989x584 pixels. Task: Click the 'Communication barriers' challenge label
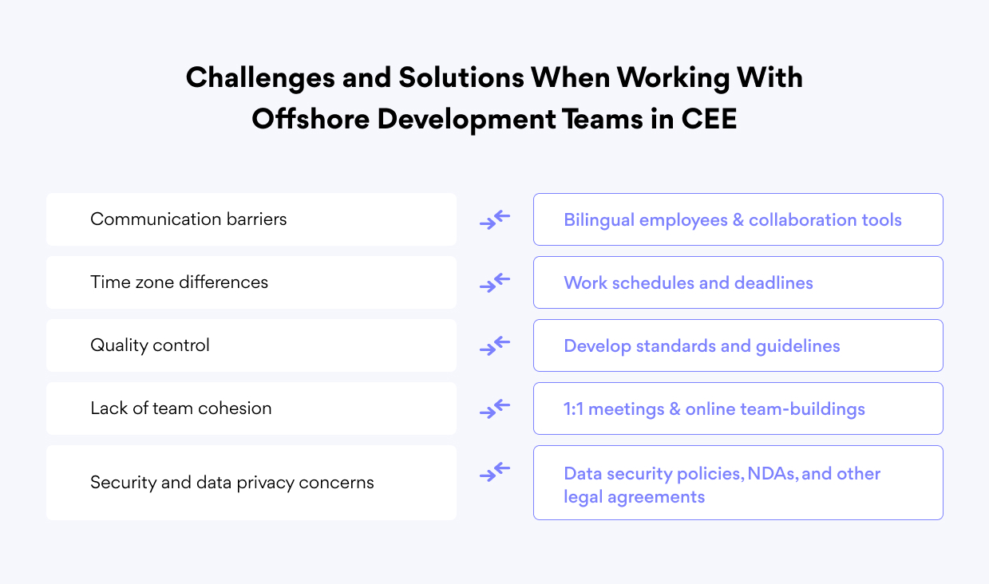tap(188, 219)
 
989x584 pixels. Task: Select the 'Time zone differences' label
tap(179, 282)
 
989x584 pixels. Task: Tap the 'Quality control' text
tap(150, 345)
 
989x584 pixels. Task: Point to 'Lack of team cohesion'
tap(181, 408)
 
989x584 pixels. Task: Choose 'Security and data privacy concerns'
tap(232, 483)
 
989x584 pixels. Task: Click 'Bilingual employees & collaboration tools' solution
tap(733, 219)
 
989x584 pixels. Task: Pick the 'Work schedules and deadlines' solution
tap(688, 282)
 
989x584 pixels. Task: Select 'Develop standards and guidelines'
tap(702, 345)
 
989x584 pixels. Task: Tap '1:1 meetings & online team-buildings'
tap(714, 409)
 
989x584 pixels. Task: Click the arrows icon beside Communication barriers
tap(495, 219)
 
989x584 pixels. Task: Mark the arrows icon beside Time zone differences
tap(495, 282)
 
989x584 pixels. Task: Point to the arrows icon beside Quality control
tap(495, 345)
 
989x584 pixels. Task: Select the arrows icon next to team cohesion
tap(495, 408)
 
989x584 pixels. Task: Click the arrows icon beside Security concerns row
tap(495, 472)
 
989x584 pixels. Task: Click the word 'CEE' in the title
tap(709, 119)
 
